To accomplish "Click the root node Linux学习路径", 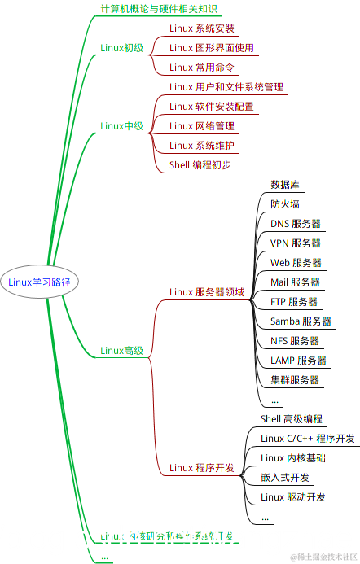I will pos(39,282).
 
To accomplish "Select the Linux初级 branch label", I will pos(121,48).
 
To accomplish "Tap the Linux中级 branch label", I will pos(121,126).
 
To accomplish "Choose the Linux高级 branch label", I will pos(121,351).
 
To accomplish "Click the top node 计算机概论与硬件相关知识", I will pos(158,9).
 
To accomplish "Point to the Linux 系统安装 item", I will pos(201,28).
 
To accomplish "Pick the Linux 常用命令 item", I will pos(201,68).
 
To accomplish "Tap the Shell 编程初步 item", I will pos(200,165).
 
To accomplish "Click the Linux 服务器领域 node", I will pos(206,292).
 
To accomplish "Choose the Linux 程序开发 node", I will pos(201,468).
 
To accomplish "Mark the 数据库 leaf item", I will pos(284,185).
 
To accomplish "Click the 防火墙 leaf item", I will pos(284,204).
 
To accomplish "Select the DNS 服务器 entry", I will pos(295,224).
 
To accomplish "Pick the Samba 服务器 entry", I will pos(301,321).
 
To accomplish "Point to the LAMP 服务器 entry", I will pos(298,361).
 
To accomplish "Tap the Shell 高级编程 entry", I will pos(292,419).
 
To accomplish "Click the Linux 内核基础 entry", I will pos(293,458).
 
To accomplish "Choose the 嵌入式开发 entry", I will pos(285,478).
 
